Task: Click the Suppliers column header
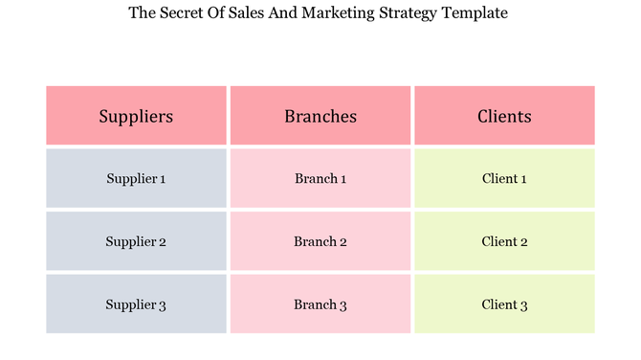point(136,116)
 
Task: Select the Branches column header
point(320,116)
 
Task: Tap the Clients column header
point(504,116)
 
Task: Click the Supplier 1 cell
point(136,178)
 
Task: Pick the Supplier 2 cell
point(136,241)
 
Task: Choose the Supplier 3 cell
point(136,304)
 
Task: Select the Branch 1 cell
point(320,178)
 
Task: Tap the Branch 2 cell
point(320,241)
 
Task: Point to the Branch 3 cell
point(320,304)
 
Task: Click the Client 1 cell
point(504,178)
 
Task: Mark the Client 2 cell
point(504,241)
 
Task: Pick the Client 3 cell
point(504,304)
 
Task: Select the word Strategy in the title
point(412,13)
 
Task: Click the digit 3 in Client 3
point(523,305)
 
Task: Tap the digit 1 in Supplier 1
point(162,179)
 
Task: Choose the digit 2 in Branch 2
point(343,242)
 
